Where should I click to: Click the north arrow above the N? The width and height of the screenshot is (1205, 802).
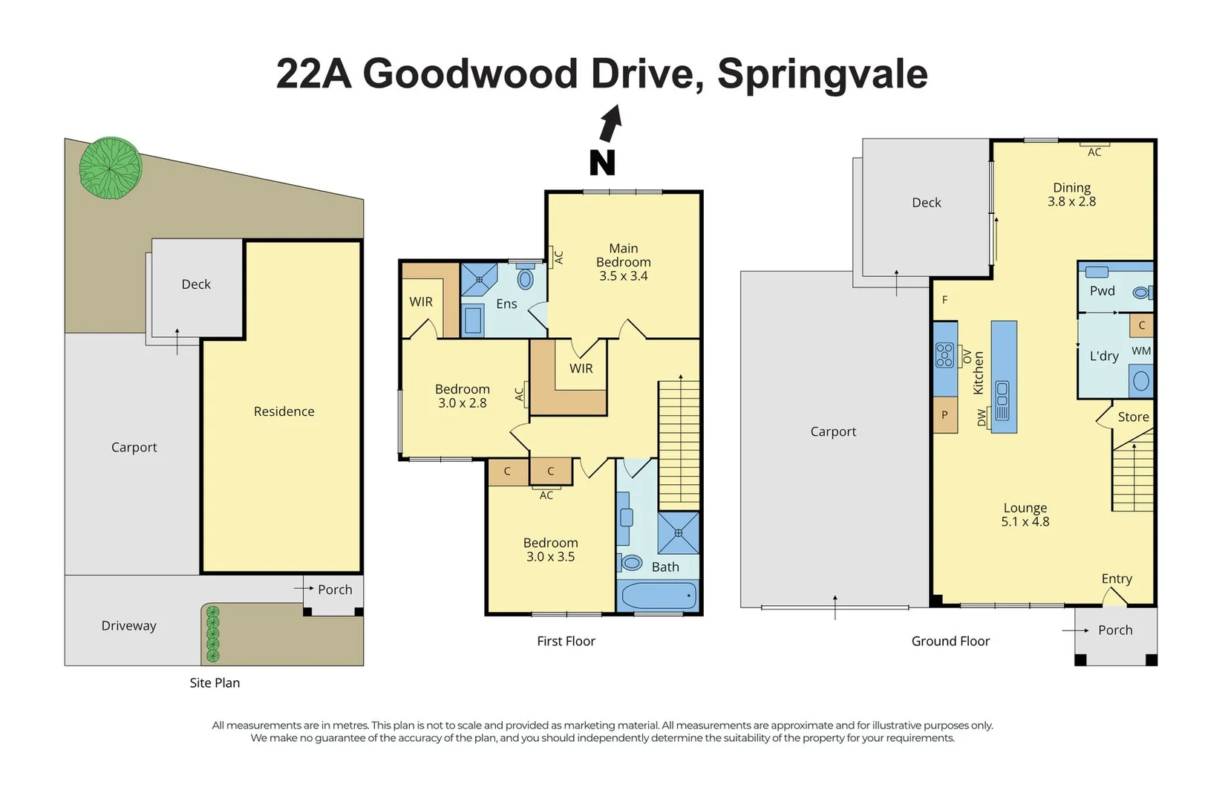click(611, 123)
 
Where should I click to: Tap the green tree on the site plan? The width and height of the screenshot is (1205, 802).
click(111, 169)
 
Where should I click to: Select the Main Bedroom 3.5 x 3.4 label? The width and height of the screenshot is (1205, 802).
click(623, 262)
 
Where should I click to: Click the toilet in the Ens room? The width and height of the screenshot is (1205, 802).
click(526, 279)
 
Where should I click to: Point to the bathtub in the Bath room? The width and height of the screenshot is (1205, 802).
click(658, 596)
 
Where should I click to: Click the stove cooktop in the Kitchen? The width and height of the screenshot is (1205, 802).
click(944, 355)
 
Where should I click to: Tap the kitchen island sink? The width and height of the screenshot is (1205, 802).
click(1002, 401)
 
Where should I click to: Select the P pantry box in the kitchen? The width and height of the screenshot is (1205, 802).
click(944, 415)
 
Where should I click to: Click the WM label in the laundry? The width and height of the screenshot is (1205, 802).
click(1141, 351)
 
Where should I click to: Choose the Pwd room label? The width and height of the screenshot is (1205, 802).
click(1102, 291)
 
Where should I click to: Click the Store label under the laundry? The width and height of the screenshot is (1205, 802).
click(1133, 417)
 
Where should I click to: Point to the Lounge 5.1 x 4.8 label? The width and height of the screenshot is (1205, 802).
click(1025, 515)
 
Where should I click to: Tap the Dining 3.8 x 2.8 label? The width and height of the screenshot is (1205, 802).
click(1071, 195)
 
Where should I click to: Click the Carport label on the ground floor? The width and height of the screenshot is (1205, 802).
click(833, 431)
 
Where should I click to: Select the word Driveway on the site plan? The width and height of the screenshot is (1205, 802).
click(128, 626)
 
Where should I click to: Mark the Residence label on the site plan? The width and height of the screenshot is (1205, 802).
click(284, 411)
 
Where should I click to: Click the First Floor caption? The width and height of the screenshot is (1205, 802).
click(566, 641)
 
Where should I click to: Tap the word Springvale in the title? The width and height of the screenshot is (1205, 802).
click(822, 74)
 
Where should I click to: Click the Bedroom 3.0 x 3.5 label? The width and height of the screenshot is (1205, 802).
click(550, 550)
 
